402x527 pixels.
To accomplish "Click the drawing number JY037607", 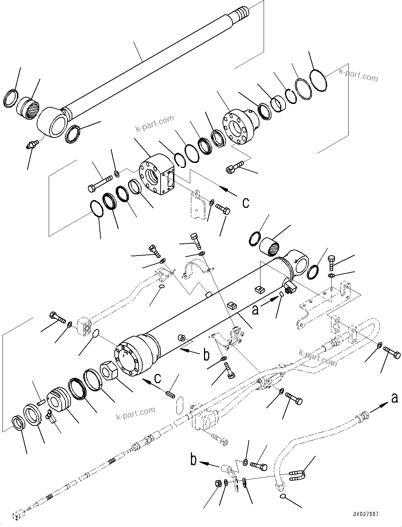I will pyautogui.click(x=369, y=514).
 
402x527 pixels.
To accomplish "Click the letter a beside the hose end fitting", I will pyautogui.click(x=394, y=398).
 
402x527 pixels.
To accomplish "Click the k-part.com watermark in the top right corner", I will pyautogui.click(x=358, y=75).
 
